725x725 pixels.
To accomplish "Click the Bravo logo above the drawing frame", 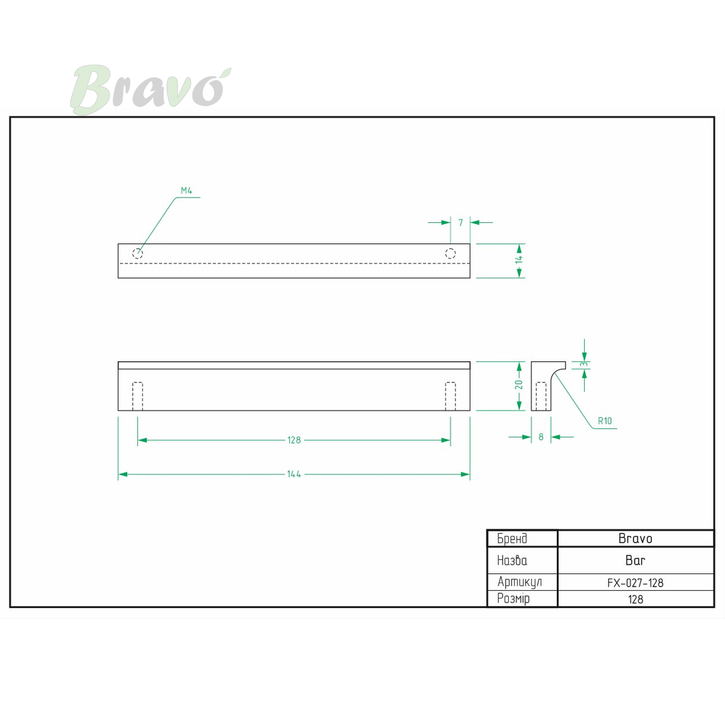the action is [150, 89].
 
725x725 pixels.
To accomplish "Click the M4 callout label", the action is [186, 191].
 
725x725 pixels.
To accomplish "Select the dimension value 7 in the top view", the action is [460, 223].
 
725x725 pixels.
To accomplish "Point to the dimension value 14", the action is [519, 259].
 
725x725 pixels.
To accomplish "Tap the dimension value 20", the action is [519, 384].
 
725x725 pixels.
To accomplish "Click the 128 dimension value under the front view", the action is [294, 440].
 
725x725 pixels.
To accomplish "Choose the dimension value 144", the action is [294, 474].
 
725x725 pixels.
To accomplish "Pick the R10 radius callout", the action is [605, 420].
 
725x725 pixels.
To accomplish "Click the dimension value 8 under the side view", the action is [541, 437].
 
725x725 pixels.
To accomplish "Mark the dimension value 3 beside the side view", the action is [584, 364].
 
